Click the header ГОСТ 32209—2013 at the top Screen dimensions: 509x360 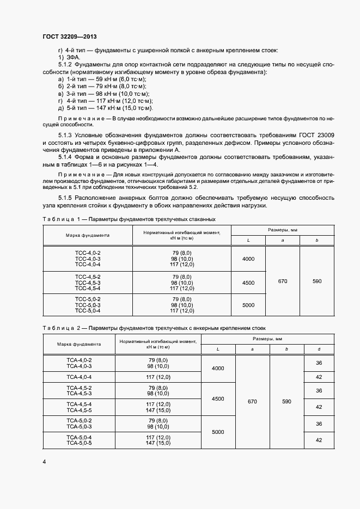coord(69,36)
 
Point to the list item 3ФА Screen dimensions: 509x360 coord(69,57)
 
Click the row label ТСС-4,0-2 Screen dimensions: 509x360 coord(88,254)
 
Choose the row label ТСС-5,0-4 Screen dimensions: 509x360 coord(88,311)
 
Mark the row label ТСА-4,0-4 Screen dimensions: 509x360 coord(80,377)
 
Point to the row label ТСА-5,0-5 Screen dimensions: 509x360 coord(80,443)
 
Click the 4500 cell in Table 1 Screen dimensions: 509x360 coord(248,283)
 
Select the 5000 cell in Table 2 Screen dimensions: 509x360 coord(218,432)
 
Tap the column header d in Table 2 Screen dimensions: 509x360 coord(319,349)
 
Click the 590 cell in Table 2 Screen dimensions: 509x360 coord(286,401)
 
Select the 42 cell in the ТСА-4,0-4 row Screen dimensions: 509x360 coord(319,377)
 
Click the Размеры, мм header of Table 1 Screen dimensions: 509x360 coord(282,230)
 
